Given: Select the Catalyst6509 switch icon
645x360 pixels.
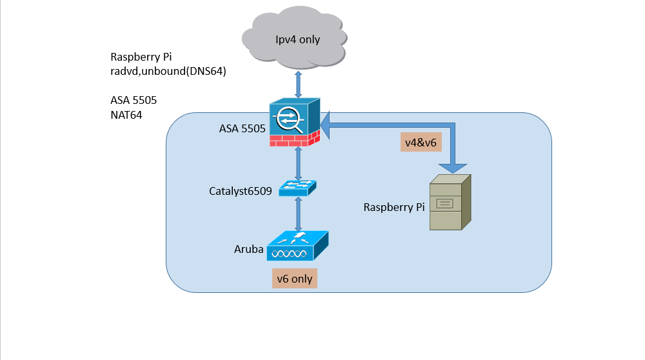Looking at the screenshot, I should click(x=297, y=188).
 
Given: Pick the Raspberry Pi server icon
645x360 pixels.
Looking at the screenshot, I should click(x=449, y=203).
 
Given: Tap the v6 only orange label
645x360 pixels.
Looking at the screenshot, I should click(x=294, y=279).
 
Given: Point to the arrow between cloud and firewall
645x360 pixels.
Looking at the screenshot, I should click(x=297, y=83).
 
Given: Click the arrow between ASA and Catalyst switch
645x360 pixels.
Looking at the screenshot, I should click(x=297, y=163).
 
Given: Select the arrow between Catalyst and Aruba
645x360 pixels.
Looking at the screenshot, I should click(x=297, y=214).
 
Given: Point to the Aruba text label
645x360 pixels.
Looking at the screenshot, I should click(x=248, y=249).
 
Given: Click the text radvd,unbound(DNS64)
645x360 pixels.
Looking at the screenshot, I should click(x=168, y=71).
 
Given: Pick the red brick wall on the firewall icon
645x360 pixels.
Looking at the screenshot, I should click(x=295, y=138).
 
